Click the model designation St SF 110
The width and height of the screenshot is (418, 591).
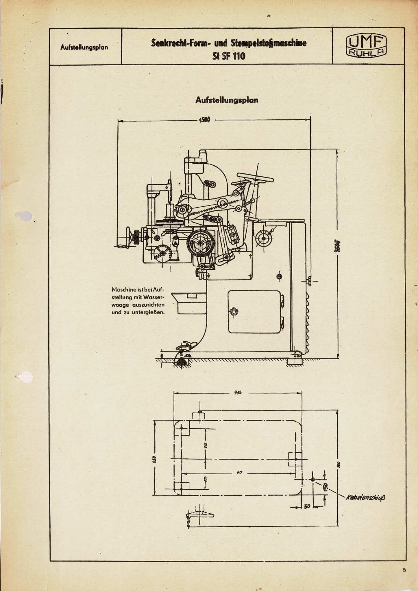click(x=229, y=56)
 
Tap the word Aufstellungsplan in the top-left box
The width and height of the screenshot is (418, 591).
click(x=84, y=47)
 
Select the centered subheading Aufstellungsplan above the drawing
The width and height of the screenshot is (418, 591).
click(x=227, y=100)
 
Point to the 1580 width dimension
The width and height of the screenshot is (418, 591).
click(x=204, y=120)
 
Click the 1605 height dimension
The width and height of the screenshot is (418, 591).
click(x=336, y=246)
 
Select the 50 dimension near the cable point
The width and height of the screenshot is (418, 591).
click(x=307, y=506)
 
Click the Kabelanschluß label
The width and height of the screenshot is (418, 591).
click(x=366, y=497)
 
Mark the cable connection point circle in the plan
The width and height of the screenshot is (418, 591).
click(x=312, y=479)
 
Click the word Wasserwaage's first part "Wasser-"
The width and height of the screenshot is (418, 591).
click(x=153, y=297)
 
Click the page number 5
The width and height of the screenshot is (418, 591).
click(x=404, y=570)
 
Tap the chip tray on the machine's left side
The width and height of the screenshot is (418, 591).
click(x=189, y=302)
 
